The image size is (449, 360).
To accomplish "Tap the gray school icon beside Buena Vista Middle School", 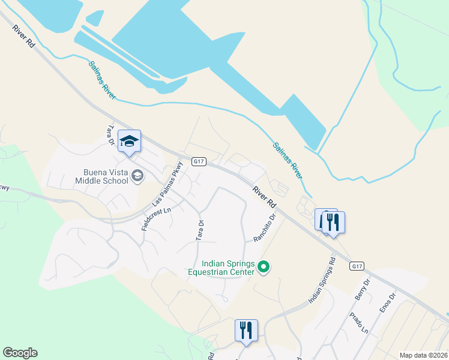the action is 137,175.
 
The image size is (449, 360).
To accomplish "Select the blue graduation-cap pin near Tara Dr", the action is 129,142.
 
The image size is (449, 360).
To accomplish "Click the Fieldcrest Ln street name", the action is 156,219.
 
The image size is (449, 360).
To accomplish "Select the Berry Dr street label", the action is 362,289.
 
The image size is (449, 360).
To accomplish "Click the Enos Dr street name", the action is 388,304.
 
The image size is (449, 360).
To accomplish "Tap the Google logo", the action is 20,353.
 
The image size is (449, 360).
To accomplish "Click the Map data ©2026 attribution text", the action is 423,355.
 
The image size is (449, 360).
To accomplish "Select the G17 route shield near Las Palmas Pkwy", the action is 200,161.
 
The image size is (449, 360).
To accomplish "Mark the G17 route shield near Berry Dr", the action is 357,266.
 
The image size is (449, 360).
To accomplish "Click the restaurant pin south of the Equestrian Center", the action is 246,331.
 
